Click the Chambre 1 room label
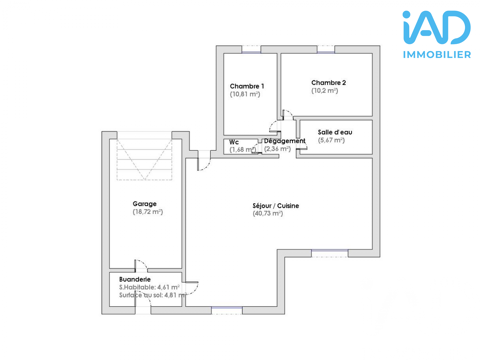pos(246,86)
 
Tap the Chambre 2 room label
pos(328,82)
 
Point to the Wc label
pos(233,142)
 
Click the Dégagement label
pos(284,141)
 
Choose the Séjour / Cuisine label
pos(275,206)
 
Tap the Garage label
pos(145,204)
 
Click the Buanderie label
pos(134,279)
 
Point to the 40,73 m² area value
pos(268,214)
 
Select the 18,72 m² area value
pos(147,212)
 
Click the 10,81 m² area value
pos(245,94)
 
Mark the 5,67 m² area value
pos(331,141)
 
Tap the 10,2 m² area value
pos(324,90)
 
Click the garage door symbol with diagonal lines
pos(140,160)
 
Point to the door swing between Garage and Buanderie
pos(141,267)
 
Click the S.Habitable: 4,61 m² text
pos(149,287)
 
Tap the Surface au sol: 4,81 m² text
pos(149,295)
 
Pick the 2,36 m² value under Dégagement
pos(277,149)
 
